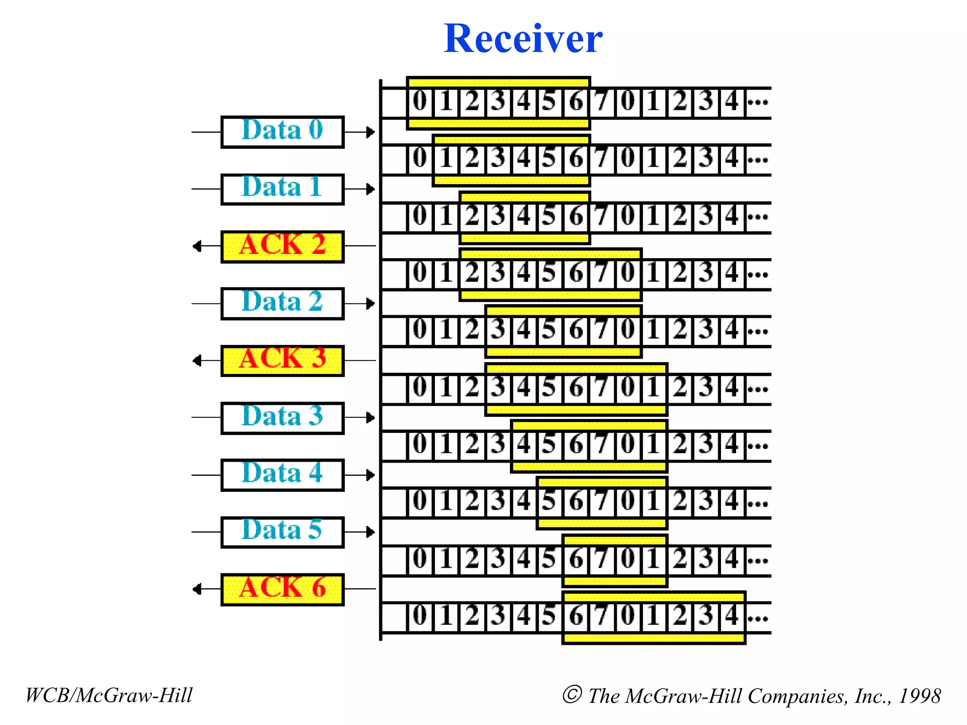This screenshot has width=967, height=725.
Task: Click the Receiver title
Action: click(523, 39)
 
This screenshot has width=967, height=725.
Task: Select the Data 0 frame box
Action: click(282, 132)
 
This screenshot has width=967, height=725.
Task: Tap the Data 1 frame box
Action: click(282, 189)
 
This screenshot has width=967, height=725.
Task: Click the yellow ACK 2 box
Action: click(282, 246)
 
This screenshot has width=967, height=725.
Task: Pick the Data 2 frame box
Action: click(282, 303)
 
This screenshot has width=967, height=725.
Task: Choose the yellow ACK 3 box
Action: click(282, 360)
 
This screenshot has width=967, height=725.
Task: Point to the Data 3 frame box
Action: click(282, 418)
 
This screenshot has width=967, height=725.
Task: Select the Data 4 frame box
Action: click(282, 475)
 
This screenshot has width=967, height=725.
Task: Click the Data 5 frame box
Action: click(282, 532)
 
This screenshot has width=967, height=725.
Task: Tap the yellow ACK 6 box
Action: click(282, 589)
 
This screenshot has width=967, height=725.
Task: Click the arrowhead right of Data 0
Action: click(371, 132)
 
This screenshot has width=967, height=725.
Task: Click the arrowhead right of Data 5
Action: click(371, 532)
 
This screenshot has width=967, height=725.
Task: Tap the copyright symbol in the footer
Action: click(572, 694)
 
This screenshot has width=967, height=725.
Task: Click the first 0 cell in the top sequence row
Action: click(420, 101)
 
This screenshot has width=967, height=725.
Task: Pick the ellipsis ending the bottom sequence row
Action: click(758, 617)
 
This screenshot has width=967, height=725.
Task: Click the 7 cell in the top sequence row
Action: click(601, 101)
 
